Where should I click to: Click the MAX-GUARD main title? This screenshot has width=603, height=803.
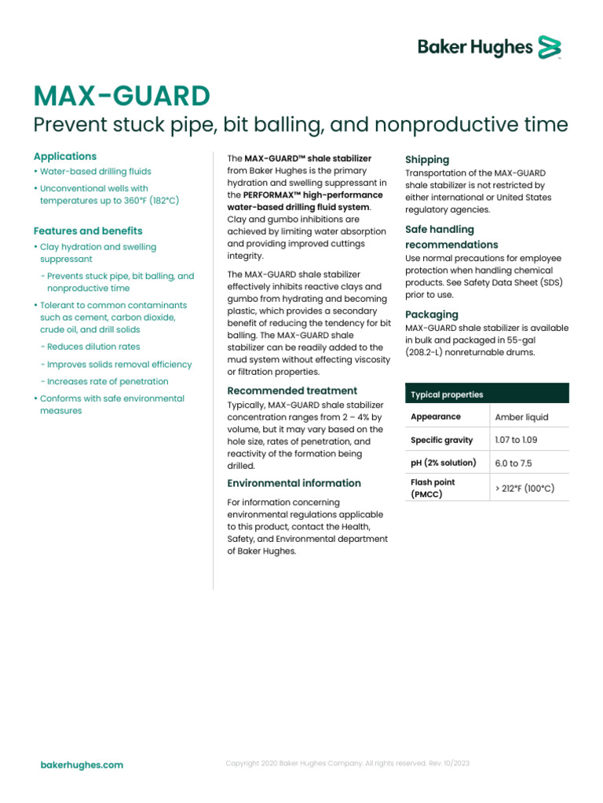pos(122,96)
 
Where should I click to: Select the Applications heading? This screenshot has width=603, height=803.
pos(65,156)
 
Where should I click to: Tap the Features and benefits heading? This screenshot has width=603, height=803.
pos(88,231)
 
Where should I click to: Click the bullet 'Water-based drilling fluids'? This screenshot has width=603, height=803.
pos(95,171)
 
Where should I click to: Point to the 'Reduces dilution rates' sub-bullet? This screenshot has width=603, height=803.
pos(93,347)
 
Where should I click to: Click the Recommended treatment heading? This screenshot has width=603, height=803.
pos(292,391)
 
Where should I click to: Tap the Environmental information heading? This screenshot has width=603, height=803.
pos(294,483)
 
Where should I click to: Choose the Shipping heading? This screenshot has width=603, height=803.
pos(427,159)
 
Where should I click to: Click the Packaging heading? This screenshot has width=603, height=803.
pos(432,314)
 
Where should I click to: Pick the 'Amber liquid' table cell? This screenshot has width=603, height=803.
pos(521,417)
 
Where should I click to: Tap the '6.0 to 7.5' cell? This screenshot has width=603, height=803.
pos(513,463)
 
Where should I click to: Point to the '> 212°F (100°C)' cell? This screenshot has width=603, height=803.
pos(524,489)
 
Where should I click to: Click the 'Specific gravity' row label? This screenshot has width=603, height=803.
pos(443,440)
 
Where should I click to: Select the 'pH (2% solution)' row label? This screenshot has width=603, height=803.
pos(443,463)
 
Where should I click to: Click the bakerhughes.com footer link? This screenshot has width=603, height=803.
pos(82,765)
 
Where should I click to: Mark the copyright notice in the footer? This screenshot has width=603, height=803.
pos(348,763)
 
